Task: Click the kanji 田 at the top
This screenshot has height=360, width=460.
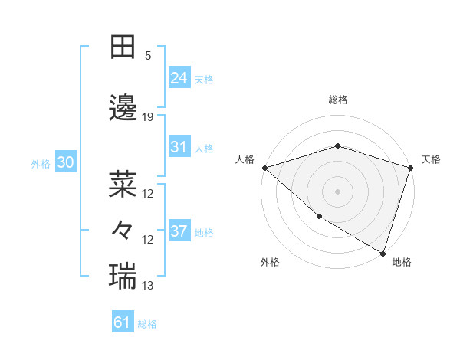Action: (x=123, y=47)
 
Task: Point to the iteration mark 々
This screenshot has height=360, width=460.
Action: (x=123, y=229)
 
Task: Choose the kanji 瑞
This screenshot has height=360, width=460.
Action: (x=123, y=274)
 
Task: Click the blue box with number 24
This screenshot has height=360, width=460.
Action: (x=179, y=78)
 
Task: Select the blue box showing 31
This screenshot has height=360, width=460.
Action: (x=179, y=147)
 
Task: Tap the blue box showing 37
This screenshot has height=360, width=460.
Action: (x=179, y=231)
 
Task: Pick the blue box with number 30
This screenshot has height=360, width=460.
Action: (x=65, y=162)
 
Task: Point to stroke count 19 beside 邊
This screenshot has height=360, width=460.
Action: (x=149, y=117)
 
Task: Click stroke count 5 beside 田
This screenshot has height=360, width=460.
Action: (x=148, y=56)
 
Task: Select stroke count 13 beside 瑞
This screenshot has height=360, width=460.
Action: (x=148, y=286)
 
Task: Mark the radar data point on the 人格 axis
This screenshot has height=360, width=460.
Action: (x=264, y=168)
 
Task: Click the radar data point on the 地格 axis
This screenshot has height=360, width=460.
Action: (x=383, y=253)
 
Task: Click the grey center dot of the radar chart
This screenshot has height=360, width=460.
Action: (x=337, y=191)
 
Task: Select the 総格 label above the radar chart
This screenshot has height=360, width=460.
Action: (x=337, y=100)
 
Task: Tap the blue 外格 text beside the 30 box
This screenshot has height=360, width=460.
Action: (x=40, y=163)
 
